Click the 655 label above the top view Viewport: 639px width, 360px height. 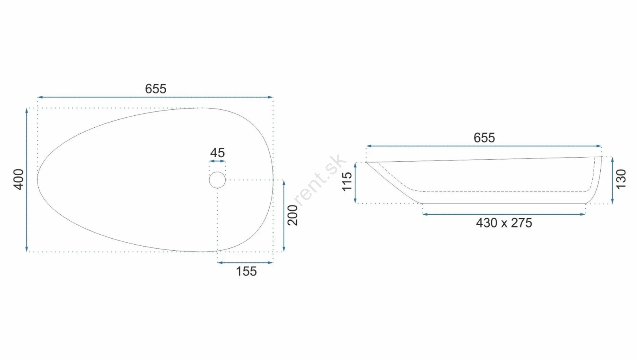coord(155,89)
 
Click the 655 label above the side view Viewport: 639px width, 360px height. coord(484,138)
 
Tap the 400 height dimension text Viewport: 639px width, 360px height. coord(19,180)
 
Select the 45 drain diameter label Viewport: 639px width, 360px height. coord(217,153)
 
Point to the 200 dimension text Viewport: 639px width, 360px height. coord(292,215)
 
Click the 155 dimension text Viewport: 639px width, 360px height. coord(246,271)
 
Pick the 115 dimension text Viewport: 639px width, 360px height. coord(347,182)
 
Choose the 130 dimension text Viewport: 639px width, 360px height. coord(621,179)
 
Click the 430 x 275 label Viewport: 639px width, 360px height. coord(504,223)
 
